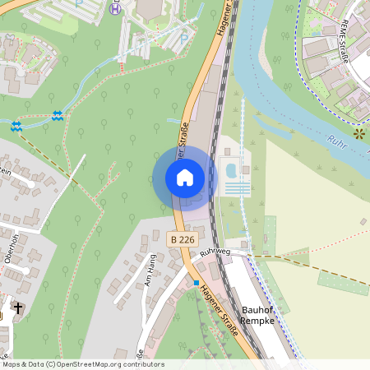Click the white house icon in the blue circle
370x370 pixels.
(x=185, y=178)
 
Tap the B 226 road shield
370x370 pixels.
(x=182, y=239)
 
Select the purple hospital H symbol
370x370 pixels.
(x=115, y=9)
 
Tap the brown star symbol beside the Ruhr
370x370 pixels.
(x=358, y=132)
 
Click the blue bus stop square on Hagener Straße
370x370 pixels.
(x=196, y=283)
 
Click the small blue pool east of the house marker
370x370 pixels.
(x=231, y=170)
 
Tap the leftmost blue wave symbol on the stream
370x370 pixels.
(x=16, y=126)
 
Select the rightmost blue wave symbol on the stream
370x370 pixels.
(x=56, y=116)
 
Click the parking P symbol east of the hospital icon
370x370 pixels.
(x=184, y=36)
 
